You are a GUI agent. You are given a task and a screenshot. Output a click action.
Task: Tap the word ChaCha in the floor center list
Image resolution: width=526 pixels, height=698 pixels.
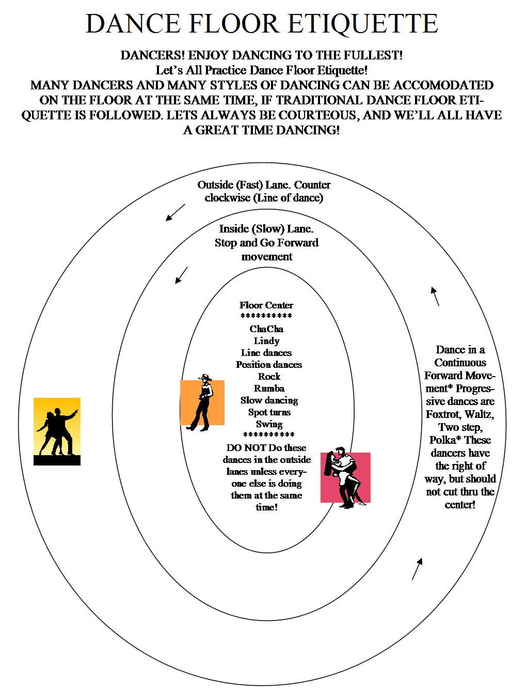click(266, 329)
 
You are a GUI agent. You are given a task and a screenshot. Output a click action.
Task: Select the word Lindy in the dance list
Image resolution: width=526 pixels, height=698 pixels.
click(266, 341)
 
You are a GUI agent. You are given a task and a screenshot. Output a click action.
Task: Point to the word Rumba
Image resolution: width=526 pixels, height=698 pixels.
click(269, 389)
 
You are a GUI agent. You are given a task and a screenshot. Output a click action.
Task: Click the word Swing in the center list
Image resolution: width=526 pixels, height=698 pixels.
click(269, 424)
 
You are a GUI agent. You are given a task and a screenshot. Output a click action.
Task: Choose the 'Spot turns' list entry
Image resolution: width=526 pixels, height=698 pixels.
click(269, 412)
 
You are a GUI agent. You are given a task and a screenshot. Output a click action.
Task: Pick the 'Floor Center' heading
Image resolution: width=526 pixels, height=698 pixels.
click(266, 305)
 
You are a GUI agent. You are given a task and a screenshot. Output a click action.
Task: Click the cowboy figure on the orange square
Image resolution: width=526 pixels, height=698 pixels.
click(202, 402)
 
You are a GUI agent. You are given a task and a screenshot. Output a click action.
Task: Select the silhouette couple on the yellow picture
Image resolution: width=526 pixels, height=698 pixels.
click(57, 431)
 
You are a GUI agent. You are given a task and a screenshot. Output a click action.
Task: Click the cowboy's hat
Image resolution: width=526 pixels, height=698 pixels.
click(205, 377)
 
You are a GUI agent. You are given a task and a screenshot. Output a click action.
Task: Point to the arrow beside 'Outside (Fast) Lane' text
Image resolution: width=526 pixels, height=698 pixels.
click(175, 212)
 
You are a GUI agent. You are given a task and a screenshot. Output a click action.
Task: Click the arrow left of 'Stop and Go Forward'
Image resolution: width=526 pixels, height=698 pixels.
click(181, 275)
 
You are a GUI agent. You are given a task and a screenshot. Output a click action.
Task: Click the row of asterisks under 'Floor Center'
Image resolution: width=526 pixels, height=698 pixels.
click(266, 316)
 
